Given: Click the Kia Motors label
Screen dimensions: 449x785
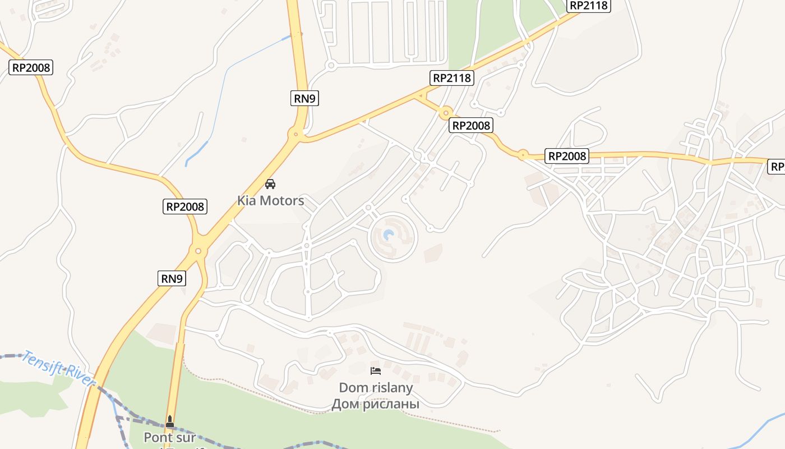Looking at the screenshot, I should pyautogui.click(x=270, y=200).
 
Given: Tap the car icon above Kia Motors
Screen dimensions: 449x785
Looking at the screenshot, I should pyautogui.click(x=270, y=184).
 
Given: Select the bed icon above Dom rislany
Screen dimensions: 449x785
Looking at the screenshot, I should pyautogui.click(x=376, y=370).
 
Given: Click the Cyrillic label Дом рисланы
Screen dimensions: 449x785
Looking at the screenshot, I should pyautogui.click(x=376, y=404).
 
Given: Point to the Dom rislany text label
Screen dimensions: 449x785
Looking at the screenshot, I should pyautogui.click(x=376, y=387).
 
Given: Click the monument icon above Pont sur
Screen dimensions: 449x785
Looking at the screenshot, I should pyautogui.click(x=170, y=421).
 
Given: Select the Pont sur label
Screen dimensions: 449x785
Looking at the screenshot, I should pyautogui.click(x=170, y=437).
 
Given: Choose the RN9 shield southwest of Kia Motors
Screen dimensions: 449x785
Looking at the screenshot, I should pyautogui.click(x=172, y=278).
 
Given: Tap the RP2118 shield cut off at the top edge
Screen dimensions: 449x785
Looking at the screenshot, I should pyautogui.click(x=588, y=6).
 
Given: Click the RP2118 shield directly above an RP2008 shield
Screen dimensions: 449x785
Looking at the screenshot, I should pyautogui.click(x=452, y=78).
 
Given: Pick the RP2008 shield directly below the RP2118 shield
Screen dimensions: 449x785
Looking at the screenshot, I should pyautogui.click(x=471, y=126).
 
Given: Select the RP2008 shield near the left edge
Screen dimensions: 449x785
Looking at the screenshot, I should pyautogui.click(x=31, y=68).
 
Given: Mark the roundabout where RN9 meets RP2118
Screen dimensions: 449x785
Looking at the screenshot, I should pyautogui.click(x=295, y=134).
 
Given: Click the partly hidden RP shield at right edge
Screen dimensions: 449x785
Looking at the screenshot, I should pyautogui.click(x=777, y=166).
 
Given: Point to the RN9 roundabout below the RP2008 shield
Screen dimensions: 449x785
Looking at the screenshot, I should pyautogui.click(x=198, y=250).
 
